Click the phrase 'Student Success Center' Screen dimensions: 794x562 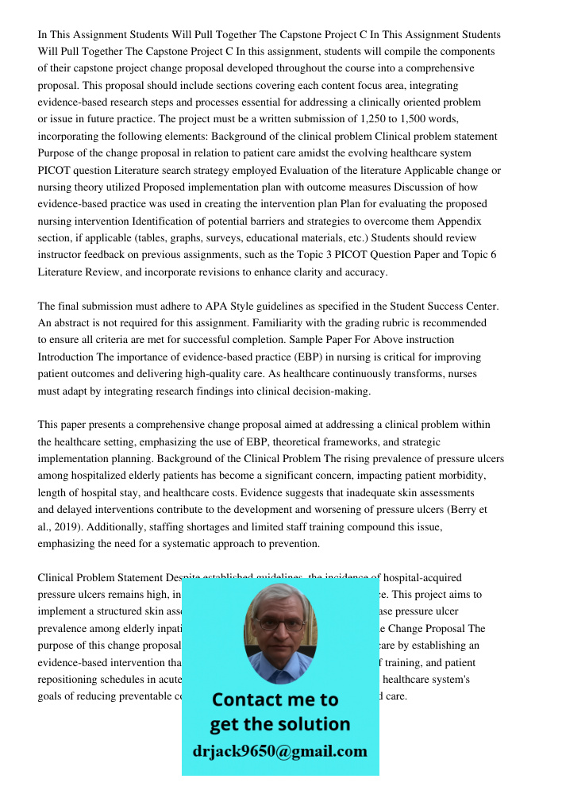pos(433,306)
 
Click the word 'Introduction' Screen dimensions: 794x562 pos(67,357)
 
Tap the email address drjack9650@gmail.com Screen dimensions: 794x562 pos(279,751)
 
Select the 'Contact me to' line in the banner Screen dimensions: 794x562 pos(275,700)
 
